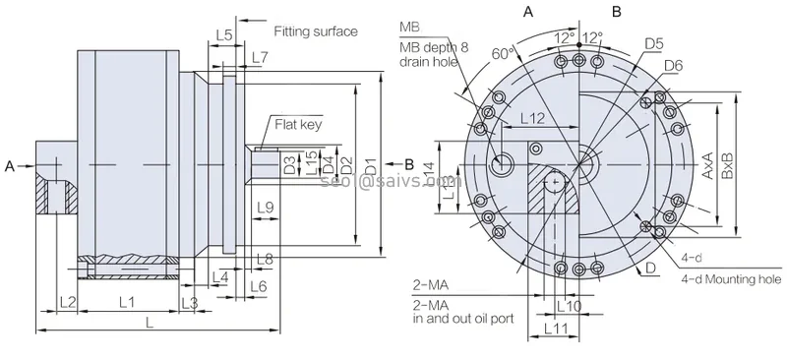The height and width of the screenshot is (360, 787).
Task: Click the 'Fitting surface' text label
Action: [x=315, y=30]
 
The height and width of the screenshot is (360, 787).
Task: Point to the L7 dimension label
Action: [x=259, y=58]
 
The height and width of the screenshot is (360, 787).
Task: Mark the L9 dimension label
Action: [x=264, y=207]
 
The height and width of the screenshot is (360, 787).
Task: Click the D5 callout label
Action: [x=654, y=43]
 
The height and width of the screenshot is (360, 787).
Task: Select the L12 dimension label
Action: [x=531, y=118]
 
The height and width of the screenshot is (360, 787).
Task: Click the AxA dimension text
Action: [x=706, y=162]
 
